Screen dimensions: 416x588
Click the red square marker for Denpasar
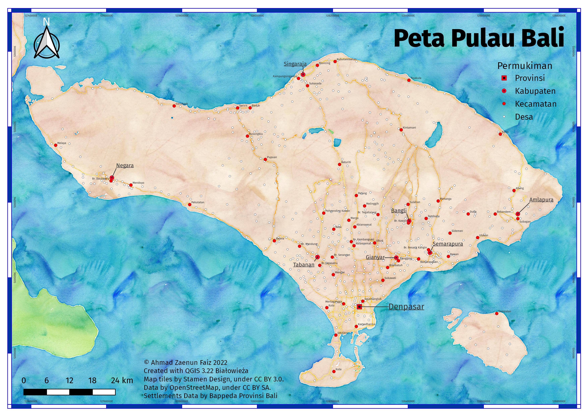(x=359, y=307)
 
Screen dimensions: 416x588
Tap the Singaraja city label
(x=295, y=64)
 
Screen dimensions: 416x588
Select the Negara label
(x=125, y=166)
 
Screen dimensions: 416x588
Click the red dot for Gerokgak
(x=174, y=106)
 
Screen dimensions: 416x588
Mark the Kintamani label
(x=409, y=127)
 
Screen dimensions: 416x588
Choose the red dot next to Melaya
(x=55, y=145)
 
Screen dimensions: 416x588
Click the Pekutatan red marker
(x=189, y=204)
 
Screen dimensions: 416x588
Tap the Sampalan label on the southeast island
(x=505, y=311)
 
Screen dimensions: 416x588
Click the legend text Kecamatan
(x=536, y=104)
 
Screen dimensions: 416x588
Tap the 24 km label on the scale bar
(x=122, y=380)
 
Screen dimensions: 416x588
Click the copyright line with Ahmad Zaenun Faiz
(x=186, y=362)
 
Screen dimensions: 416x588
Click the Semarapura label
(x=448, y=244)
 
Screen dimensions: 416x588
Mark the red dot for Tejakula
(x=409, y=81)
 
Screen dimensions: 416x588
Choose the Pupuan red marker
(x=265, y=159)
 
